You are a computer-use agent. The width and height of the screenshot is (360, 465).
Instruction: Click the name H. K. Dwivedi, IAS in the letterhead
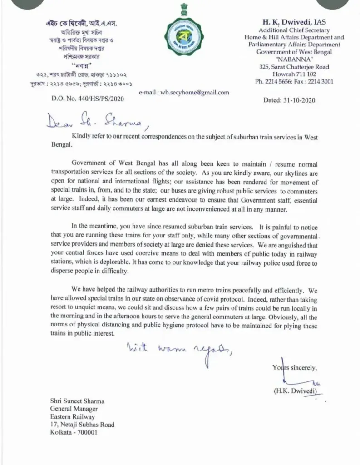click(x=294, y=22)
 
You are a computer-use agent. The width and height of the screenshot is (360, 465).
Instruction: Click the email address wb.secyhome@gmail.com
click(x=184, y=92)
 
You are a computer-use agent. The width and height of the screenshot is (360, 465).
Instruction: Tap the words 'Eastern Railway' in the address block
click(x=73, y=416)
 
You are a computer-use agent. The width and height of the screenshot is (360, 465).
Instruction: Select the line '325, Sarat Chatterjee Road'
click(x=294, y=67)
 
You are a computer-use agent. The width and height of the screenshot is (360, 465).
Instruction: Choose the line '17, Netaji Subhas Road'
click(x=82, y=425)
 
